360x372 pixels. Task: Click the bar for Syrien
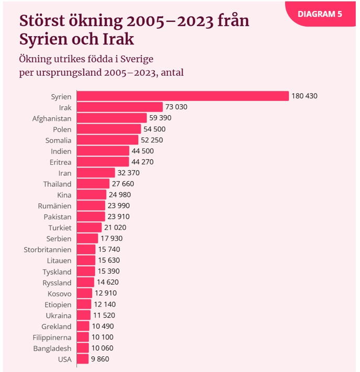click(x=183, y=96)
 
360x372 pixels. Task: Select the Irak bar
click(x=120, y=107)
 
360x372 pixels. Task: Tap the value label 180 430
click(x=305, y=96)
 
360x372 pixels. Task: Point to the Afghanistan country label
click(x=52, y=118)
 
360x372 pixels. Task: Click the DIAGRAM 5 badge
click(x=320, y=14)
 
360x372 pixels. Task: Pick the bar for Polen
click(x=109, y=129)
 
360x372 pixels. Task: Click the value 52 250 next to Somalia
click(x=152, y=140)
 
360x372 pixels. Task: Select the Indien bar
click(x=103, y=151)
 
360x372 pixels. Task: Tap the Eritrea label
click(x=60, y=162)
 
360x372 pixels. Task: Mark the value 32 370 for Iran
click(x=129, y=173)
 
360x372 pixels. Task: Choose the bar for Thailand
click(x=93, y=184)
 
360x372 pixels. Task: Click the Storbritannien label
click(x=48, y=250)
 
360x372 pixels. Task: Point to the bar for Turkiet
click(x=89, y=228)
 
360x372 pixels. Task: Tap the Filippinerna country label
click(x=52, y=337)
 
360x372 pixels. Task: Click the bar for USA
click(x=83, y=359)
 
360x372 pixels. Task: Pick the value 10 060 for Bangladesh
click(x=103, y=348)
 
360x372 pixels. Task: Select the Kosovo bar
click(x=85, y=293)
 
